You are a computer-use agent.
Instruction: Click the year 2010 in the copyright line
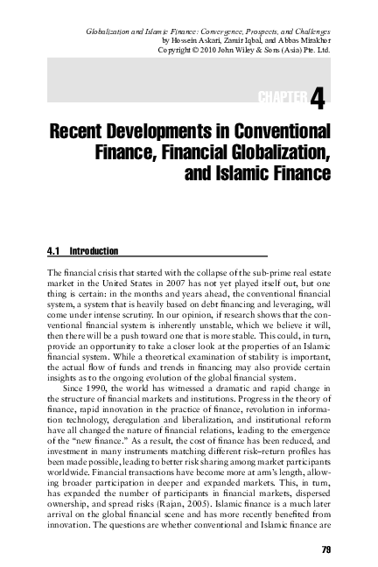(x=199, y=50)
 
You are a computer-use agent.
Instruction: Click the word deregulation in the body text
(x=142, y=416)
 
